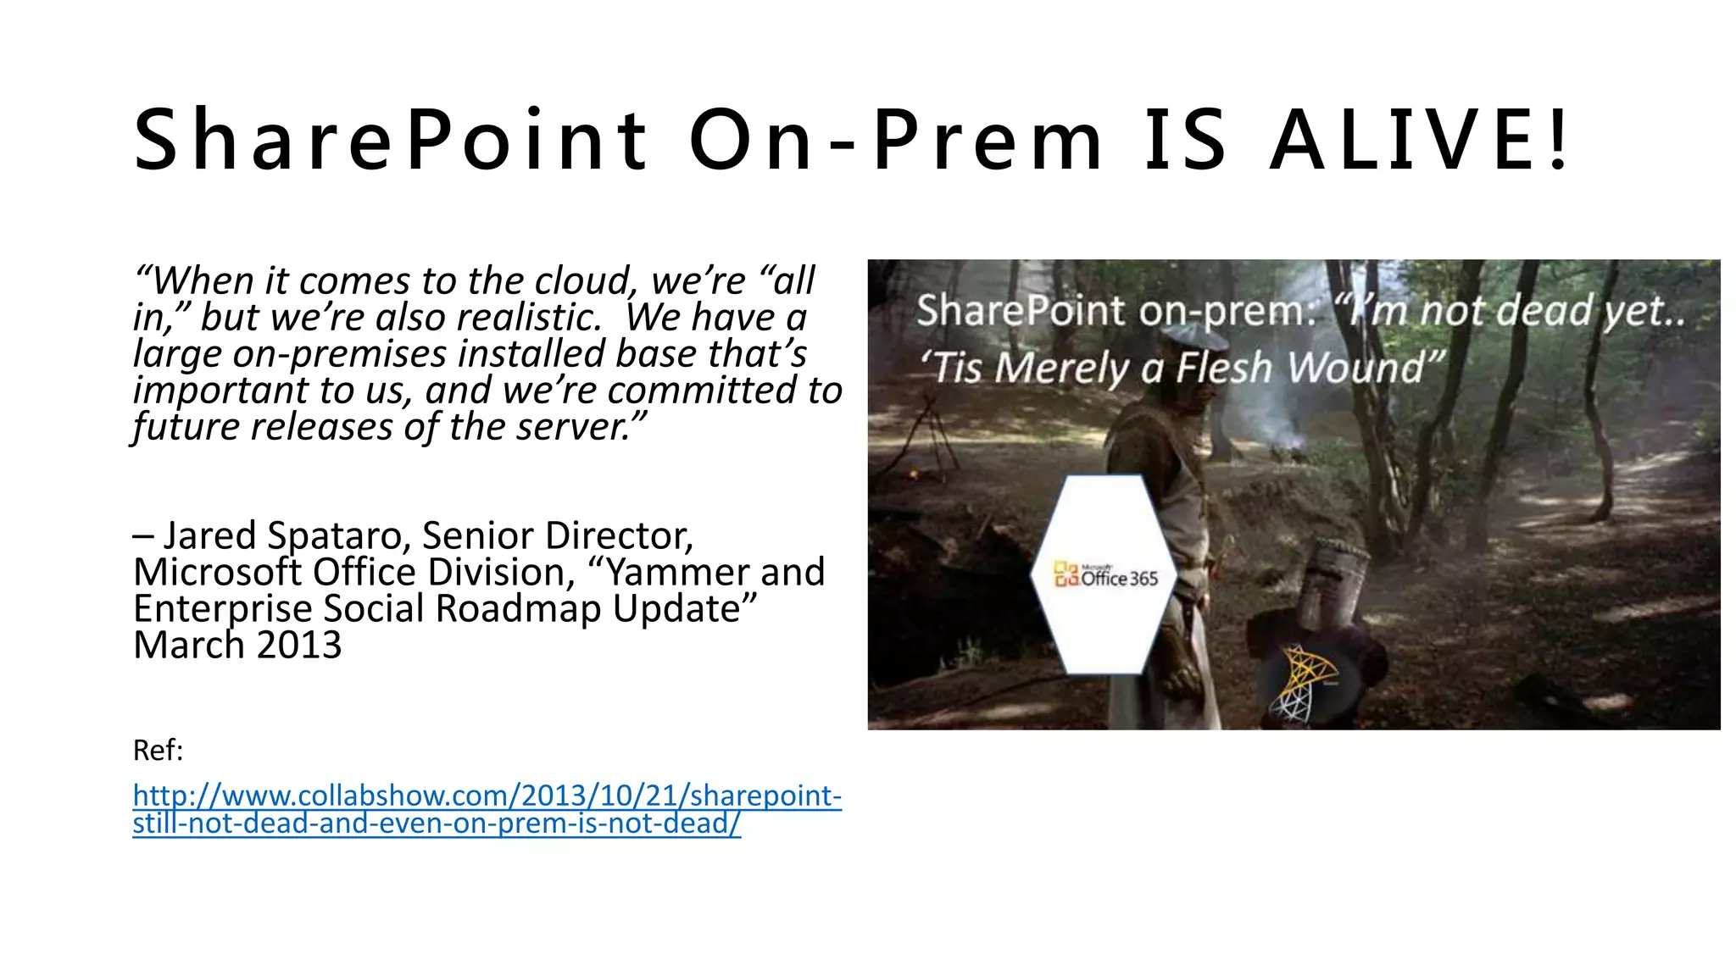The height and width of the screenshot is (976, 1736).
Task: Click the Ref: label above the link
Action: tap(159, 751)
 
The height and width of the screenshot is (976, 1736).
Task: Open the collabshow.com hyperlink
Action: tap(487, 808)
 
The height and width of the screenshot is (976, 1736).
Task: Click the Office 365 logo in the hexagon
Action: tap(1105, 576)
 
